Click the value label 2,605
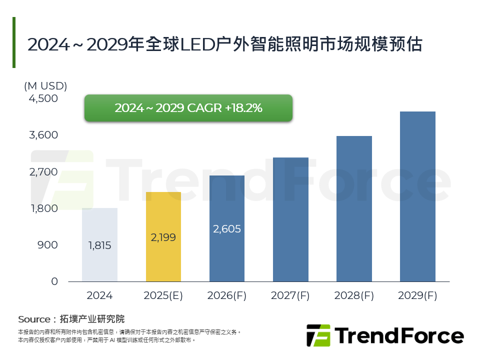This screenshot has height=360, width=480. click(227, 229)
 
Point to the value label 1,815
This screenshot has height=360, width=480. click(99, 245)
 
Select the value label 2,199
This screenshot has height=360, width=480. click(163, 237)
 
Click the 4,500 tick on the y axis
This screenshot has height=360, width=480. click(43, 99)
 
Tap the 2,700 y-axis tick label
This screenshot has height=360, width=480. click(43, 172)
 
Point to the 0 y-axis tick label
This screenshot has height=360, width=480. click(54, 281)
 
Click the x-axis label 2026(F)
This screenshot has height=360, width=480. click(227, 295)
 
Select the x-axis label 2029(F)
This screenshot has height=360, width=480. click(417, 295)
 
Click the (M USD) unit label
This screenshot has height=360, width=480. click(45, 86)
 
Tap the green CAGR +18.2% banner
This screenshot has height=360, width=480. click(188, 108)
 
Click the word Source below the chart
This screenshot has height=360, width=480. click(33, 319)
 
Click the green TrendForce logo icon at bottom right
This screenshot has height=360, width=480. click(318, 335)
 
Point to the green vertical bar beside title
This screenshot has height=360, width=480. click(14, 42)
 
